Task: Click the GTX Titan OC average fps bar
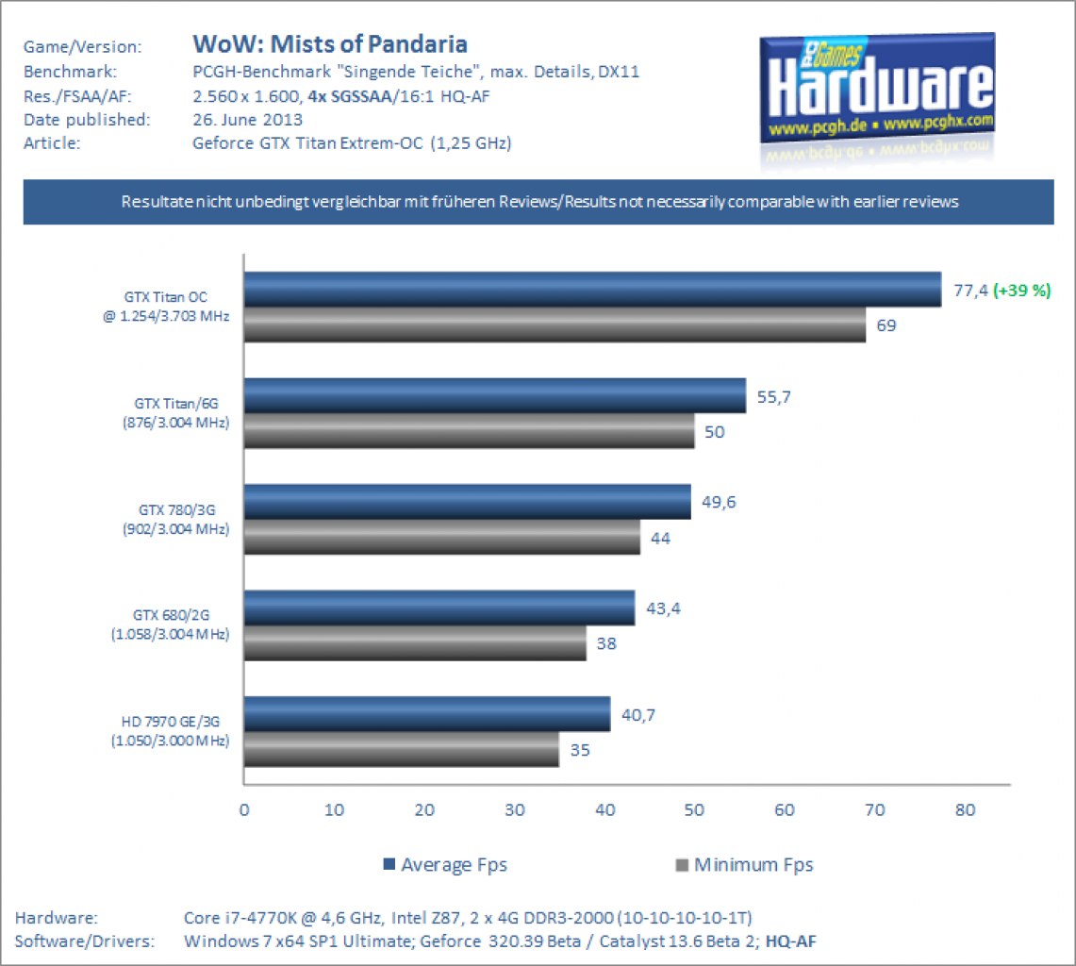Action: [593, 289]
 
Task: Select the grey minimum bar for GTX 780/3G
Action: [442, 537]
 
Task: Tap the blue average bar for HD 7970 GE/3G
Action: [427, 714]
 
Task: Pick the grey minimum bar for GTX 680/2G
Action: [415, 643]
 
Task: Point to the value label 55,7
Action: [773, 397]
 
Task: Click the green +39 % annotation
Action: [1022, 291]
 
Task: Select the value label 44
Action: [660, 539]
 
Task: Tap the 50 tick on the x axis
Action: [694, 810]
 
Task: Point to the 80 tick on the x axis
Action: [965, 810]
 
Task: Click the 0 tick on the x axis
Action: [244, 810]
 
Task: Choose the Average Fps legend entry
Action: [445, 864]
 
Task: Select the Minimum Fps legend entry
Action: [745, 864]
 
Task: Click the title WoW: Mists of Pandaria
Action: [330, 44]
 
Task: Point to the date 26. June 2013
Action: [248, 120]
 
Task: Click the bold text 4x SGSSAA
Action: [349, 96]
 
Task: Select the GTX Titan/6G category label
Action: [175, 412]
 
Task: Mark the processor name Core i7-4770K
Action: [240, 918]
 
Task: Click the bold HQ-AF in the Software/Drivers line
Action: [790, 941]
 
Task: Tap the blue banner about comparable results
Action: [538, 202]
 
